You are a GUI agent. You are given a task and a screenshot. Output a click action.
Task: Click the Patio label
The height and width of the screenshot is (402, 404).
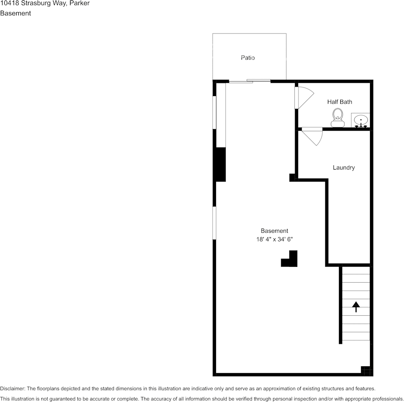coord(248,58)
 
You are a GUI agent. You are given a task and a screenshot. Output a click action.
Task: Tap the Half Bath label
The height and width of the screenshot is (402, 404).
coord(339,102)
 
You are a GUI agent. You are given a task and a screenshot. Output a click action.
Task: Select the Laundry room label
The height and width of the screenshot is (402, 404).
coord(344,168)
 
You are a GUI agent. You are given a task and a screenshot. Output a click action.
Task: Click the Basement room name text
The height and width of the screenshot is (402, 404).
coord(274,231)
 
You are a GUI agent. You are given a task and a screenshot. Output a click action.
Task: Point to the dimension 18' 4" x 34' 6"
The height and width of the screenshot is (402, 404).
coord(274,240)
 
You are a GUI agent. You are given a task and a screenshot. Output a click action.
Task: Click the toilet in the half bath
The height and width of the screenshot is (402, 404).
coord(338,118)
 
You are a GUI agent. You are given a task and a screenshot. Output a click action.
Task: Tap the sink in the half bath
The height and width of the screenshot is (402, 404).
coord(361,120)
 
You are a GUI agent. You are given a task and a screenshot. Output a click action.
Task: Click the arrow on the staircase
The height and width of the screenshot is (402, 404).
coord(356,306)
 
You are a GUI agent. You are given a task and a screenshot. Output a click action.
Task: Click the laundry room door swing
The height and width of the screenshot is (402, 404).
coord(313,136)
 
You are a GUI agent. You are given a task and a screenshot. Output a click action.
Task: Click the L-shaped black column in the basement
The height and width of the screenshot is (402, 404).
coord(290,260)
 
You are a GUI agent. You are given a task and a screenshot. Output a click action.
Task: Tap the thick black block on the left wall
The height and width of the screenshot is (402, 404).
coord(220,164)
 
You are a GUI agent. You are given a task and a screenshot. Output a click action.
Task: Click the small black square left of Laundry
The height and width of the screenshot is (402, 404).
coord(292,177)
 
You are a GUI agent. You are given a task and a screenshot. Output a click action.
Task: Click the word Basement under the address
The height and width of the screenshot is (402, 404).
coord(15,13)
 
